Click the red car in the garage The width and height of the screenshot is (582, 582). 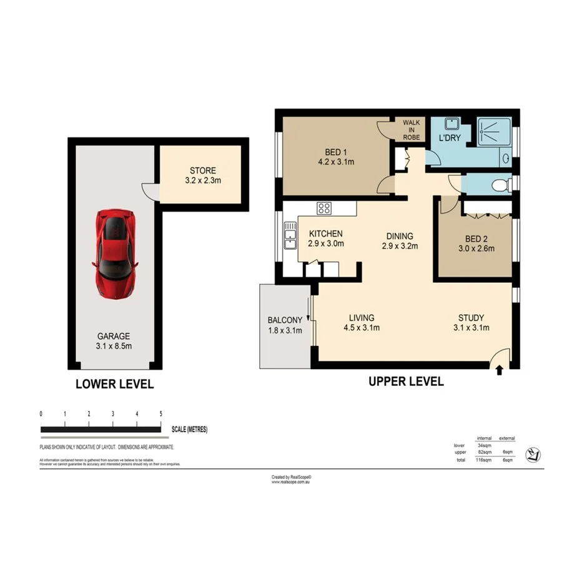[x=116, y=253]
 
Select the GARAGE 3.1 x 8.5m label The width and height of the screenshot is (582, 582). [x=114, y=341]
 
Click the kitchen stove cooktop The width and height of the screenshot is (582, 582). [x=324, y=209]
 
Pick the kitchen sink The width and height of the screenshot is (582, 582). [x=290, y=235]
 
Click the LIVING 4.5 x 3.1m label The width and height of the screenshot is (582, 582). [x=361, y=322]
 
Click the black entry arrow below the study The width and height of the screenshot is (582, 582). [x=498, y=370]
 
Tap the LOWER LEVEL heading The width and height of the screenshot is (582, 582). [x=114, y=384]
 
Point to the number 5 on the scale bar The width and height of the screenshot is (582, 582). [x=161, y=414]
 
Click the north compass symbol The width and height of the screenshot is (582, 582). [x=533, y=455]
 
